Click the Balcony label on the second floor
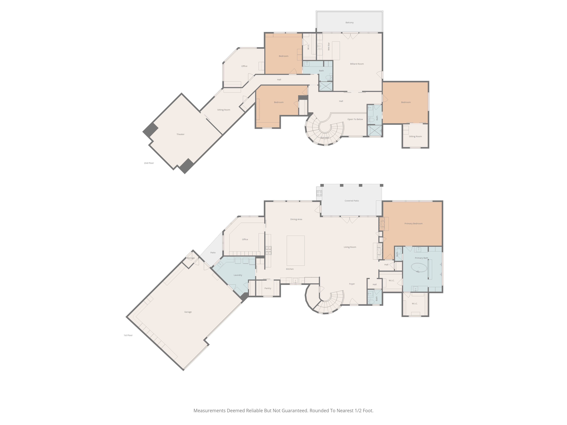(x=349, y=23)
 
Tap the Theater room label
(x=180, y=134)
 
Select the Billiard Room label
(x=357, y=64)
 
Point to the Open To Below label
(x=355, y=119)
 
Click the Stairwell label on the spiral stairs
(x=324, y=138)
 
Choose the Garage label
(x=188, y=312)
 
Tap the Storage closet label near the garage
(x=191, y=258)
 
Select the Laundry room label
(x=238, y=275)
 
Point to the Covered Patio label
(x=352, y=201)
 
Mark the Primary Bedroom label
(x=413, y=224)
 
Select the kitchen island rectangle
(x=296, y=251)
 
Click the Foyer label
(x=352, y=284)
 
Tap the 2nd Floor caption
(x=149, y=163)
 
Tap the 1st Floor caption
(x=128, y=335)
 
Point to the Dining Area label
(x=296, y=219)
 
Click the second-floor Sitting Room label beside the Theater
(x=224, y=110)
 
